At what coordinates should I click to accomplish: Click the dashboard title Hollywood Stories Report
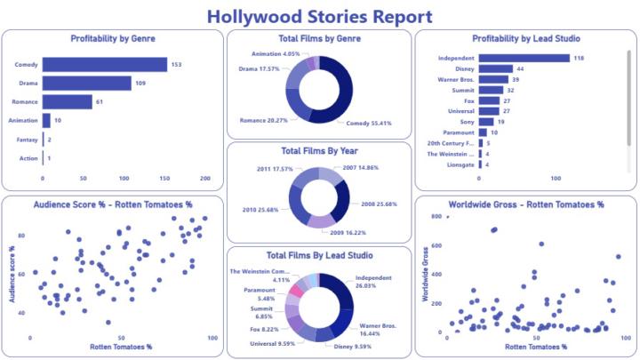point(320,16)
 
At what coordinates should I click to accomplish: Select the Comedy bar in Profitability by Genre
point(105,64)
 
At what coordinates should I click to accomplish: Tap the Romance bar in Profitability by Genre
point(67,101)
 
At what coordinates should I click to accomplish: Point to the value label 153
point(177,64)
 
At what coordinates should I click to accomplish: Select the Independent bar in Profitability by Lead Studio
point(524,59)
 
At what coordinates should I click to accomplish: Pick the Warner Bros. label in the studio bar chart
point(455,80)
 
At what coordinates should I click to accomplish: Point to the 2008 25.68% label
point(381,204)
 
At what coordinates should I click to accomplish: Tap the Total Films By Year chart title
point(319,150)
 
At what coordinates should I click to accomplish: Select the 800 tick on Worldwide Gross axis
point(436,216)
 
